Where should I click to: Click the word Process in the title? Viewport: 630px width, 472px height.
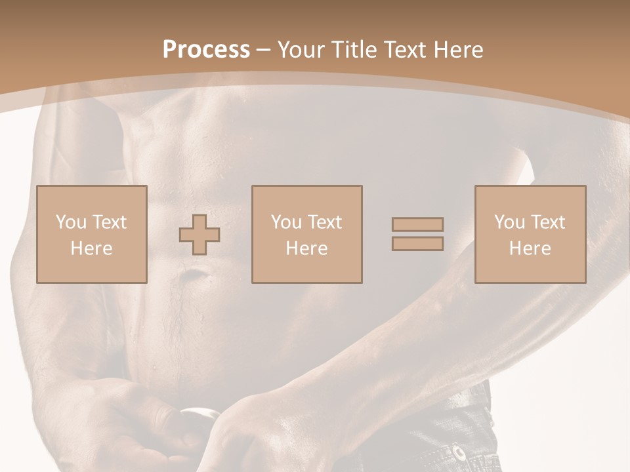pos(206,50)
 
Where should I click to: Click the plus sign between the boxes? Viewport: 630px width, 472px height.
pos(199,234)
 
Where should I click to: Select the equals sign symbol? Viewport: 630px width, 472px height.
pos(417,234)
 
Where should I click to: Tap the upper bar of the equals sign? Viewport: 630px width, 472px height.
pos(417,224)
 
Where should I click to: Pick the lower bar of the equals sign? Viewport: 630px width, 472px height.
pos(417,244)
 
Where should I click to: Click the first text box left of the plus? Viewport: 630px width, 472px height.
pos(92,234)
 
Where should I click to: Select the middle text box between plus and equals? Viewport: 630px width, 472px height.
pos(307,234)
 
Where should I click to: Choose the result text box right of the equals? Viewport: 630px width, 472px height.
pos(530,234)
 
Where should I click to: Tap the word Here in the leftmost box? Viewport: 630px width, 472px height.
pos(92,248)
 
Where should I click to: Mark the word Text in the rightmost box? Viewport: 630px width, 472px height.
pos(548,222)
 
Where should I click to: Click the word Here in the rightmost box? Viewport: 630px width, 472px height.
pos(530,248)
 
